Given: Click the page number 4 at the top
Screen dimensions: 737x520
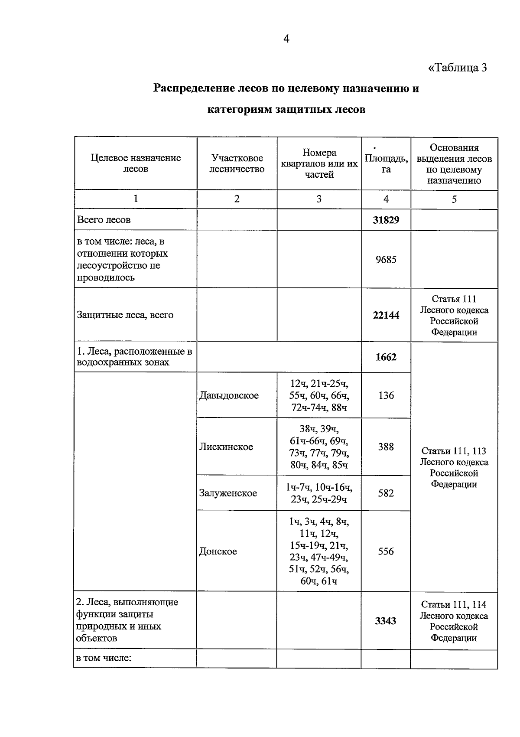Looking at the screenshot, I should [x=286, y=39].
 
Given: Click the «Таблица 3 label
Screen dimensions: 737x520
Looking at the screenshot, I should [x=458, y=68].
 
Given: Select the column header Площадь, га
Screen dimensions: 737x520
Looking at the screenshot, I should [x=386, y=164].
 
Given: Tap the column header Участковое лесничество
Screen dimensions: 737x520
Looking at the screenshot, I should [x=237, y=163].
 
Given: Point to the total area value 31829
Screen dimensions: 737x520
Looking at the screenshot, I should [x=386, y=220].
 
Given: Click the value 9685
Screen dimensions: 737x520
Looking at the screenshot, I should [x=386, y=259].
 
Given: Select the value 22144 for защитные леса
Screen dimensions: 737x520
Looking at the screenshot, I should [x=386, y=315].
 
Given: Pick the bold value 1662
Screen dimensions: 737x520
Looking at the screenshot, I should [x=386, y=357].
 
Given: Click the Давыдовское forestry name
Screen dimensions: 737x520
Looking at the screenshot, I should [x=229, y=395].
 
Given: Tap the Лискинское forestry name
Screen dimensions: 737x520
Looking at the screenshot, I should [x=226, y=447].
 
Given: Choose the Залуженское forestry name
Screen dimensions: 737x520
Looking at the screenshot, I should [x=228, y=493].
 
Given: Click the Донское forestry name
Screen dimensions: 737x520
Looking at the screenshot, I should [x=218, y=551].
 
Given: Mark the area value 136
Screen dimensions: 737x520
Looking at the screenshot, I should [x=386, y=395].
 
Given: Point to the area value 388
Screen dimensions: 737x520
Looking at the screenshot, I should [x=386, y=447].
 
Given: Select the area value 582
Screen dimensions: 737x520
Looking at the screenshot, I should [x=386, y=493].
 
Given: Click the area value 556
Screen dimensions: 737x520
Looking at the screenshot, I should [x=386, y=551].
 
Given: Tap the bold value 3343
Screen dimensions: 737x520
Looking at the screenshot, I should [x=386, y=621].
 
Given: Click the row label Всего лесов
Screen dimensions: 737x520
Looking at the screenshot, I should [x=104, y=220].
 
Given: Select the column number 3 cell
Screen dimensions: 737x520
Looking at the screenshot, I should [x=319, y=199].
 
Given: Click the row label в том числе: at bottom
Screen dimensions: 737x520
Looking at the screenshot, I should [x=104, y=658].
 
